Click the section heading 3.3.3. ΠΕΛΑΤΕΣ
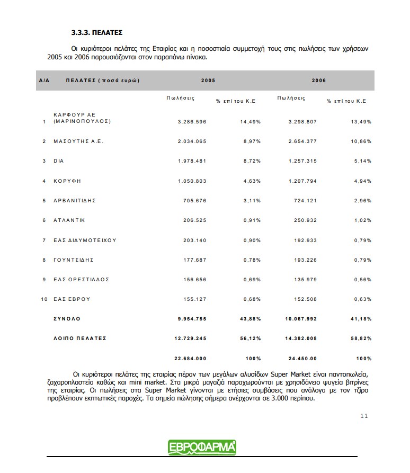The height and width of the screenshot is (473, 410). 101,32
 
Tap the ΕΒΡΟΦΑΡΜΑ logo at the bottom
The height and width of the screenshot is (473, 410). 202,448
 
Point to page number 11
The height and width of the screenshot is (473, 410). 364,416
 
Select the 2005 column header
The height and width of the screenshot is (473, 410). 208,81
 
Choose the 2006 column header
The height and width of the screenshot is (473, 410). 319,81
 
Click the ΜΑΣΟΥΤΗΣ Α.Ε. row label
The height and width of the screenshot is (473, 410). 78,141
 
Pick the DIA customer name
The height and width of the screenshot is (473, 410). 59,161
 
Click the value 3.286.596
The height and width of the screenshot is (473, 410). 192,122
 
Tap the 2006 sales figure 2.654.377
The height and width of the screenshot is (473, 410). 302,141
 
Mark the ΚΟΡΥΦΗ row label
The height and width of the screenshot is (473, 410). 67,181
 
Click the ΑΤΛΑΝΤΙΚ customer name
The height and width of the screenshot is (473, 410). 69,220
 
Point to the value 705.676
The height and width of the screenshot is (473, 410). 195,201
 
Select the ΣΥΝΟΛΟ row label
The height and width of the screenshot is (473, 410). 67,319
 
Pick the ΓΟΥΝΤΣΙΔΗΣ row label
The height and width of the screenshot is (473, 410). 74,260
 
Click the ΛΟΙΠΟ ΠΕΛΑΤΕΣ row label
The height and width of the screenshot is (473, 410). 80,338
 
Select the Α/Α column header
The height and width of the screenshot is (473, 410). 44,81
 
